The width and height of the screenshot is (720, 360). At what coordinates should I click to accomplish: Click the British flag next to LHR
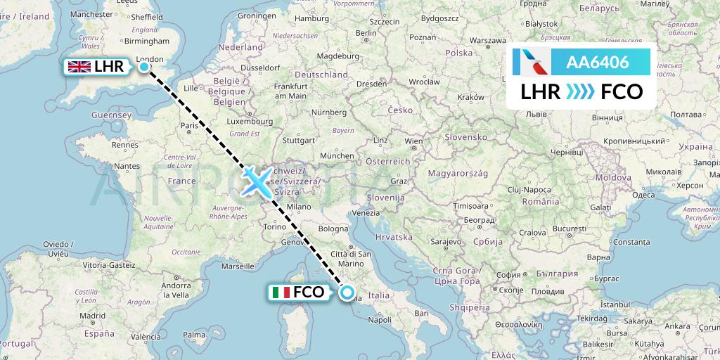pos(78,67)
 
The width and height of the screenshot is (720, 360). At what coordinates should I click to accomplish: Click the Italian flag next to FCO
pos(280,292)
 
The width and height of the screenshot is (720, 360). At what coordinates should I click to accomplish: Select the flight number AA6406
pos(598,63)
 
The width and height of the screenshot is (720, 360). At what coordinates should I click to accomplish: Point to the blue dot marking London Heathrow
pos(144,67)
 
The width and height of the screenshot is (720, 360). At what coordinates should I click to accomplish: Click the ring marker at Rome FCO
pos(347,292)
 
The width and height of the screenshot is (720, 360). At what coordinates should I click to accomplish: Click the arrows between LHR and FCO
pos(581,91)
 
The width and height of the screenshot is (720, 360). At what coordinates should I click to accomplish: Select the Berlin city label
pos(366,32)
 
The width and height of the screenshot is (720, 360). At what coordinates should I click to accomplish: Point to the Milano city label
pos(298,207)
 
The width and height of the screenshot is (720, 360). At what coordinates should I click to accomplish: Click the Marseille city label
pos(237,266)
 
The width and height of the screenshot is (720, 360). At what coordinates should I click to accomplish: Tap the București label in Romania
pos(570,230)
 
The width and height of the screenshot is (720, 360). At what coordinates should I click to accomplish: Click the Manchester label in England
pos(91,13)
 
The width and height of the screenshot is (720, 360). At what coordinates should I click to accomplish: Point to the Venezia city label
pos(367,212)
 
